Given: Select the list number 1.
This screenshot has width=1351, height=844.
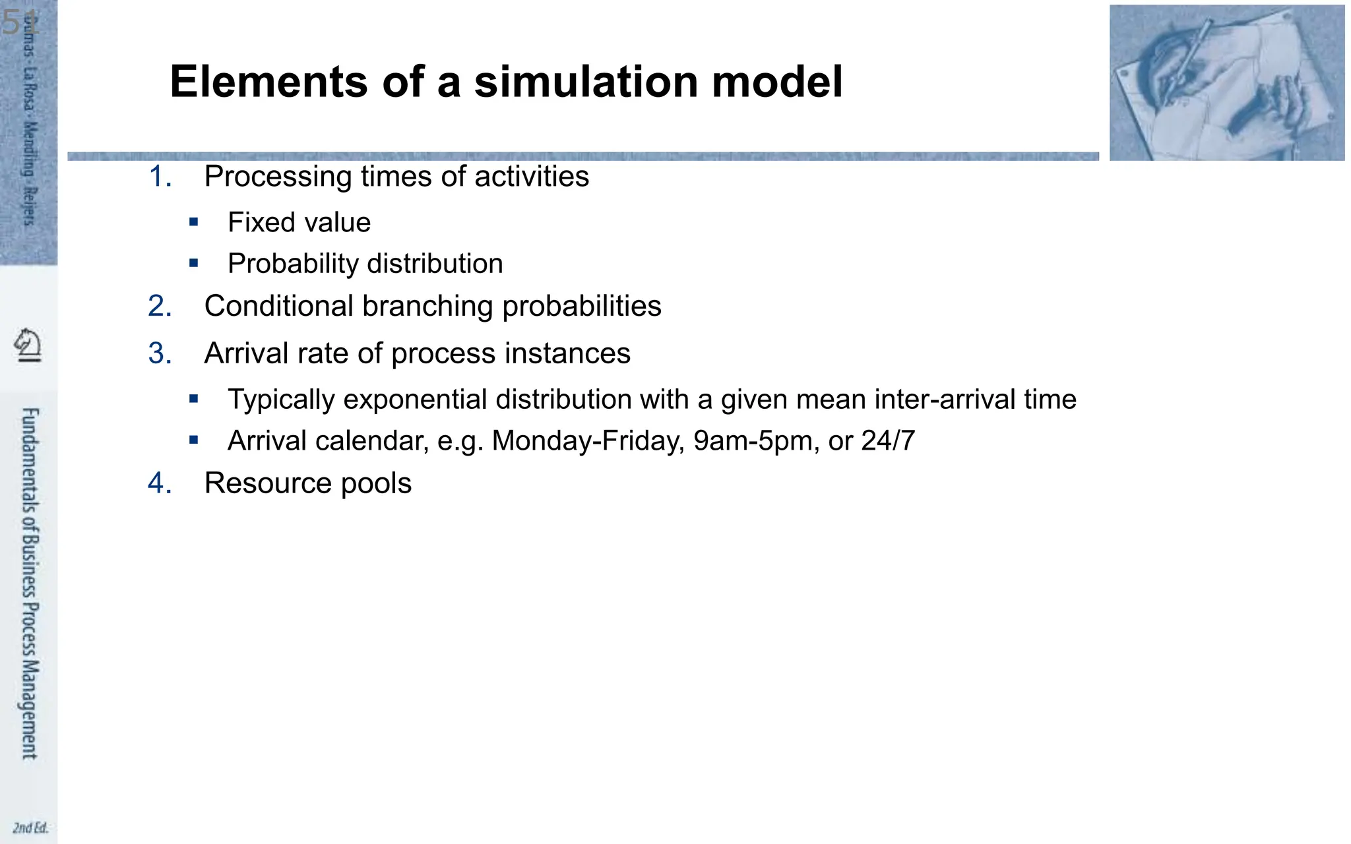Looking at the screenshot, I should [159, 177].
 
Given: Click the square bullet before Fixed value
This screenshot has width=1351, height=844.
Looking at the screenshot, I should [193, 222].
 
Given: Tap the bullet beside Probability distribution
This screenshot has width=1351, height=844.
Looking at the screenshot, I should [193, 263].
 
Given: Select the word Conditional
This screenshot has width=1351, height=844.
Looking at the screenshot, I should [278, 307].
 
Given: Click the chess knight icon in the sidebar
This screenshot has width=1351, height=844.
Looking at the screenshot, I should [28, 345].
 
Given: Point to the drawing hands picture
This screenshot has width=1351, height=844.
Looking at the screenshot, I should [1226, 83].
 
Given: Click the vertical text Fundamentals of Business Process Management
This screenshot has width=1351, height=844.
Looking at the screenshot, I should [30, 583].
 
